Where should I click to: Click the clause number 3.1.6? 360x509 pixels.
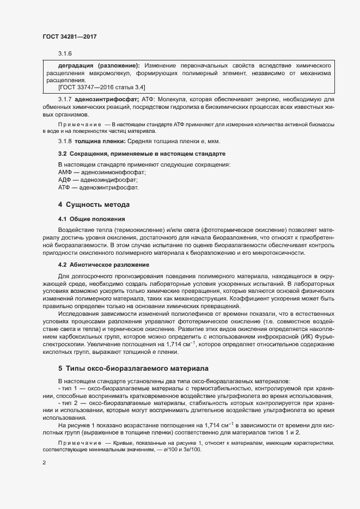tap(65, 53)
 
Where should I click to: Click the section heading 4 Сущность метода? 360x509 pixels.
tap(94, 205)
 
